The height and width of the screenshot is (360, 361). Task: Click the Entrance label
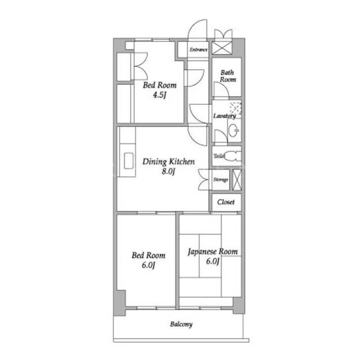click(198, 50)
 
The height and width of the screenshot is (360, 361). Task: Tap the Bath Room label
click(228, 76)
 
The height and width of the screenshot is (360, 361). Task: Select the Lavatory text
click(224, 116)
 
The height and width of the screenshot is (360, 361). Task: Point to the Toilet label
click(219, 156)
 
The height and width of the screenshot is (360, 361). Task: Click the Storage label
click(221, 180)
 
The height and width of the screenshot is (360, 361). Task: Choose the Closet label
click(226, 202)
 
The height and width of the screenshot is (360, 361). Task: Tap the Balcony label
click(181, 325)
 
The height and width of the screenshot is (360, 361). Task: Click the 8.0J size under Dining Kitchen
click(168, 171)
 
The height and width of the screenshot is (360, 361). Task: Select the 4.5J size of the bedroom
click(159, 95)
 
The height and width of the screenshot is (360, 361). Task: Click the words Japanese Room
click(213, 252)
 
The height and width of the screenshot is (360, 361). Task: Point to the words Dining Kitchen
click(169, 162)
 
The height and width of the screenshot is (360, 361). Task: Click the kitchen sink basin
click(129, 161)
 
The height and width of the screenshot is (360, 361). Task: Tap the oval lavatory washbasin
click(234, 130)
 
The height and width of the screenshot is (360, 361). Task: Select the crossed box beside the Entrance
click(222, 48)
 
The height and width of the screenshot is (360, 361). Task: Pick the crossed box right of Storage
click(237, 180)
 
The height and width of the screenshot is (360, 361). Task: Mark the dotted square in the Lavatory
click(236, 108)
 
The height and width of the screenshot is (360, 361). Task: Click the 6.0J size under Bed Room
click(148, 265)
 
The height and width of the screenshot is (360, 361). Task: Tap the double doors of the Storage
click(204, 180)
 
